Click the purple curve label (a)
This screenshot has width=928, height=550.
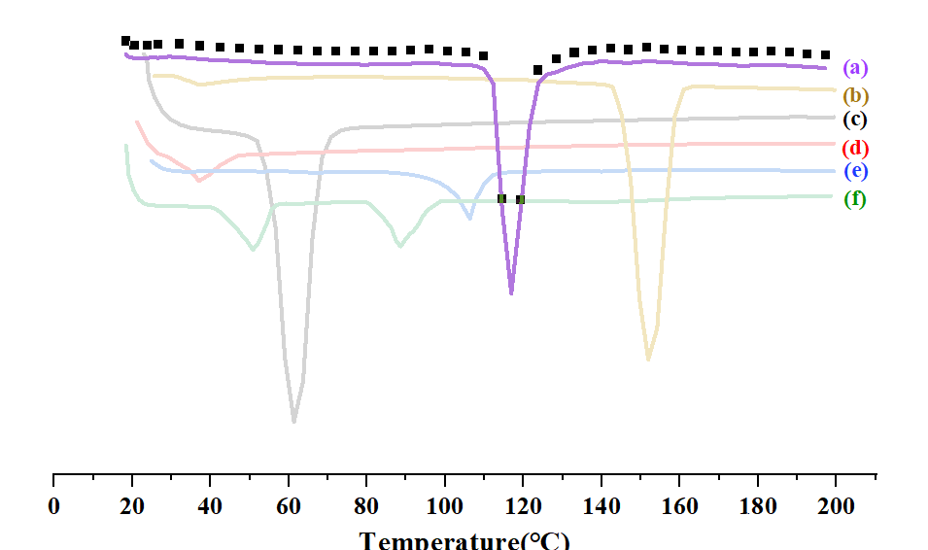tap(855, 68)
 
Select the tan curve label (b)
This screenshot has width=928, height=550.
tap(856, 96)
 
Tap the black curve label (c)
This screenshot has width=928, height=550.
tap(855, 120)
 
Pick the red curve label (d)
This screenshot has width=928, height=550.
tap(855, 149)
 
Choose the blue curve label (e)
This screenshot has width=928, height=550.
tap(855, 172)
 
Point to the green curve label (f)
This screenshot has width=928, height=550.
tap(855, 200)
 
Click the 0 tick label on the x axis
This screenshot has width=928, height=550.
tap(53, 506)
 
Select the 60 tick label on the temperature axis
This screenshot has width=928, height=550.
tap(289, 506)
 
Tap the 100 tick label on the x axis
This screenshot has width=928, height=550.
tap(445, 506)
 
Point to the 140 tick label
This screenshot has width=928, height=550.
tap(601, 506)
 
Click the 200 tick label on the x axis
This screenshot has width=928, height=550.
tap(836, 506)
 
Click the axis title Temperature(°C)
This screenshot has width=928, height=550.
tap(464, 540)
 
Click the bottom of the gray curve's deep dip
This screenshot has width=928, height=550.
tap(293, 422)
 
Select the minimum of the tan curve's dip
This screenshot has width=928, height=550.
tap(648, 361)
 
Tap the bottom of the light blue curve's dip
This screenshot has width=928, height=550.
tap(470, 219)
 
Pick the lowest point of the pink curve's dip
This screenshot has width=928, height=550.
tap(198, 181)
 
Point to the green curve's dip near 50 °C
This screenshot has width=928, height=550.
tap(253, 250)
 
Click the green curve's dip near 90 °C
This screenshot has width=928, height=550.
tap(399, 246)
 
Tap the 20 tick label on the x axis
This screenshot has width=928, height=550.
tap(132, 506)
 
